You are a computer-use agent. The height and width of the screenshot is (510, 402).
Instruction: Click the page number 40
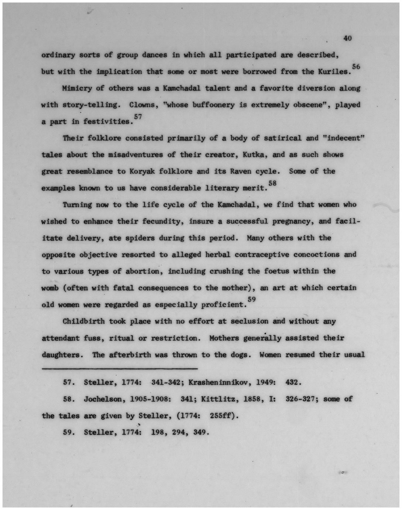tap(347, 38)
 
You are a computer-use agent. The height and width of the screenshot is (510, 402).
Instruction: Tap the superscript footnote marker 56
tap(356, 67)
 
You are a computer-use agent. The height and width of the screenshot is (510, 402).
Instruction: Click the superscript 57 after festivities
tap(138, 117)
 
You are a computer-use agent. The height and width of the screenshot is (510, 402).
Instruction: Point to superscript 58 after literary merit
tap(272, 183)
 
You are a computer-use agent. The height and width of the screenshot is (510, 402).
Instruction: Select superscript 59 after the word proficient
tap(251, 299)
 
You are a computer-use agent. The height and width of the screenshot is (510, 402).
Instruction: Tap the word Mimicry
tap(77, 89)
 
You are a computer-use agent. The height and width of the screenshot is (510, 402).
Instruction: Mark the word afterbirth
tap(130, 355)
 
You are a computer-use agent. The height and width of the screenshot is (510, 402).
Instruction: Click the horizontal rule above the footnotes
tap(120, 368)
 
